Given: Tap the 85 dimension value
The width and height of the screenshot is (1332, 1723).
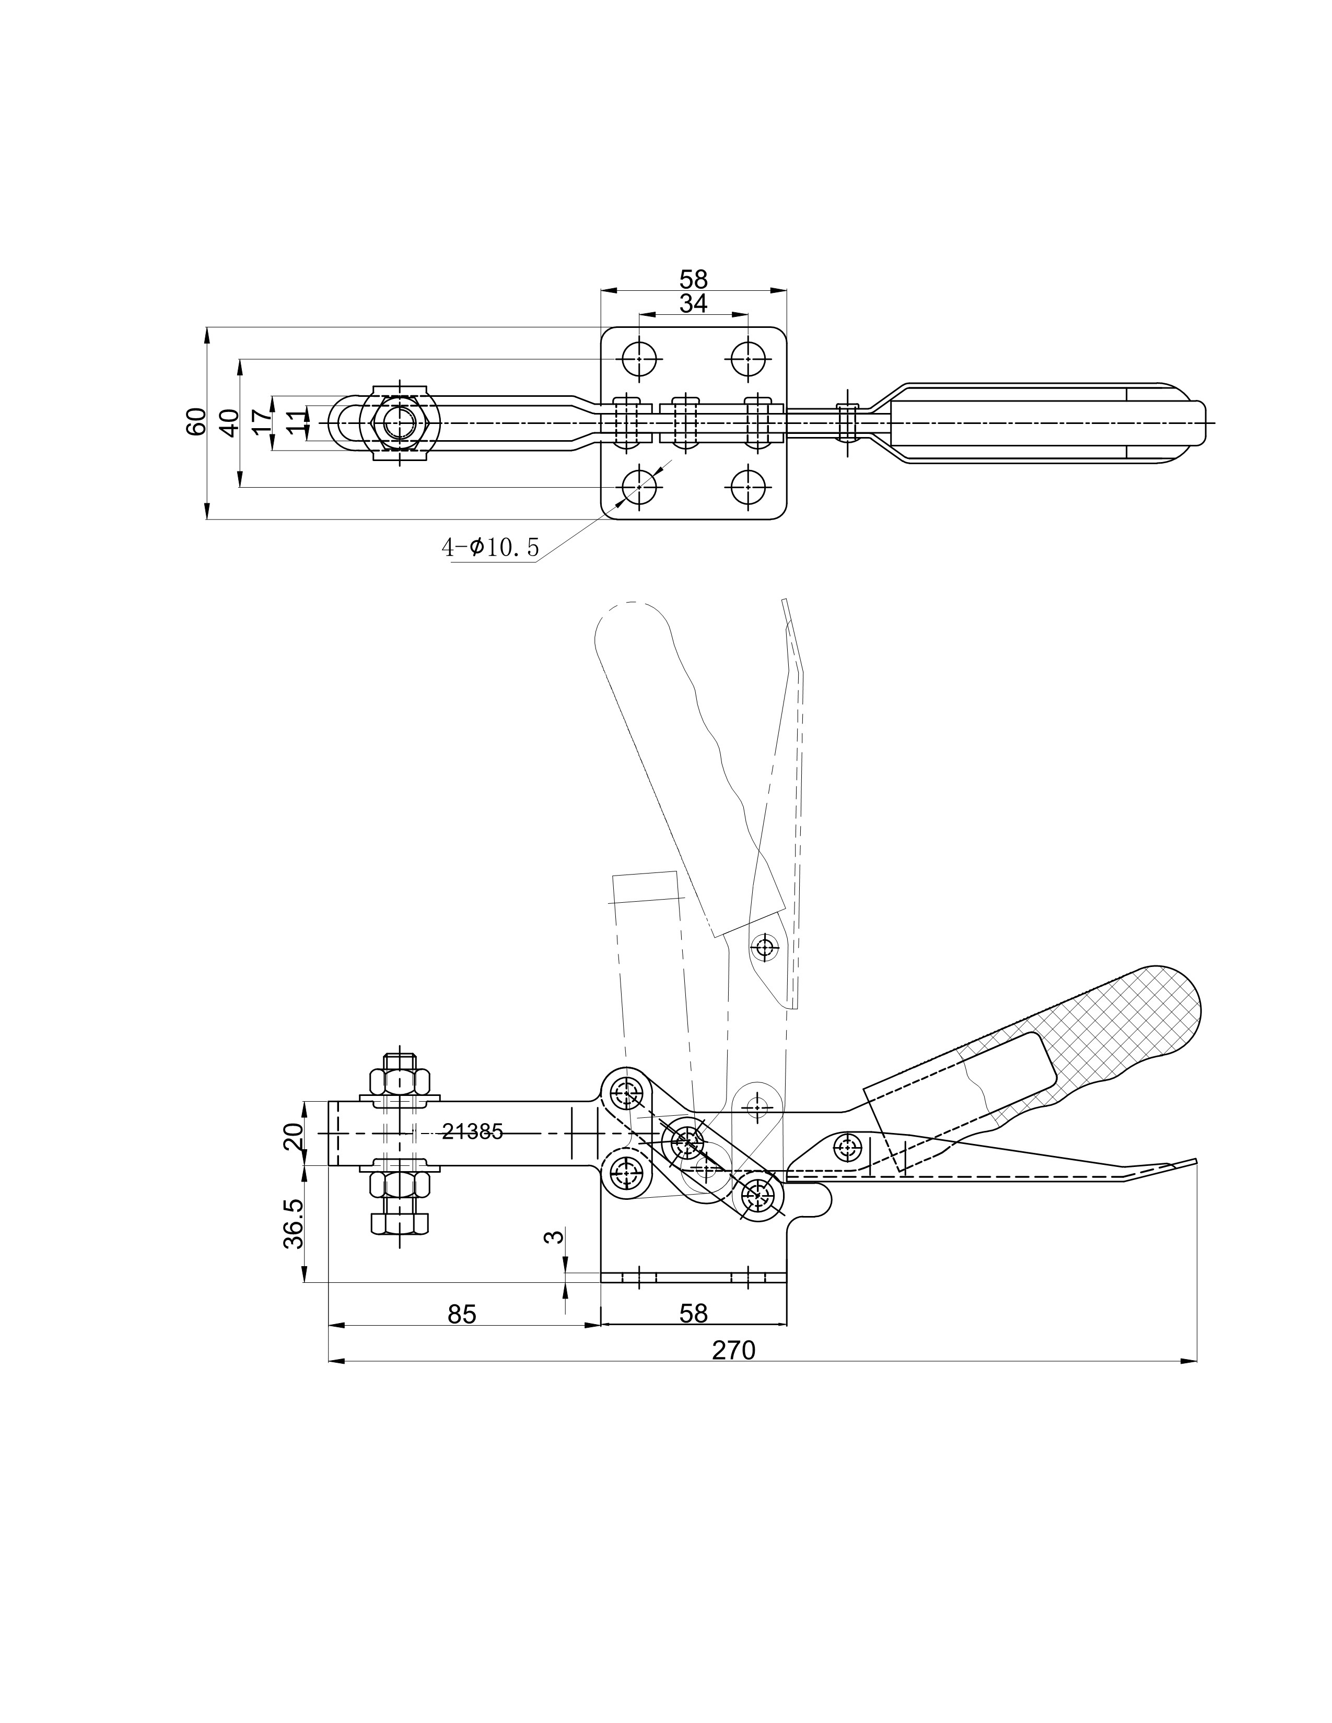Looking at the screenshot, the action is click(x=462, y=1314).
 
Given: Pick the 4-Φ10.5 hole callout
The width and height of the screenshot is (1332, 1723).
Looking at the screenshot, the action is click(x=490, y=547).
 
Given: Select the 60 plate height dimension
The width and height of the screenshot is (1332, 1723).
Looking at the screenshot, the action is click(x=196, y=421).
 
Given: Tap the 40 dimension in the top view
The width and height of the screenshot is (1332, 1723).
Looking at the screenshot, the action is click(x=229, y=422).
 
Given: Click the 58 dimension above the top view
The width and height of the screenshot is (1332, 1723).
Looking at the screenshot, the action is click(x=694, y=278).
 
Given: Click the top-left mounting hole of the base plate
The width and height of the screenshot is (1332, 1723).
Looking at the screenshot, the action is click(x=639, y=360).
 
